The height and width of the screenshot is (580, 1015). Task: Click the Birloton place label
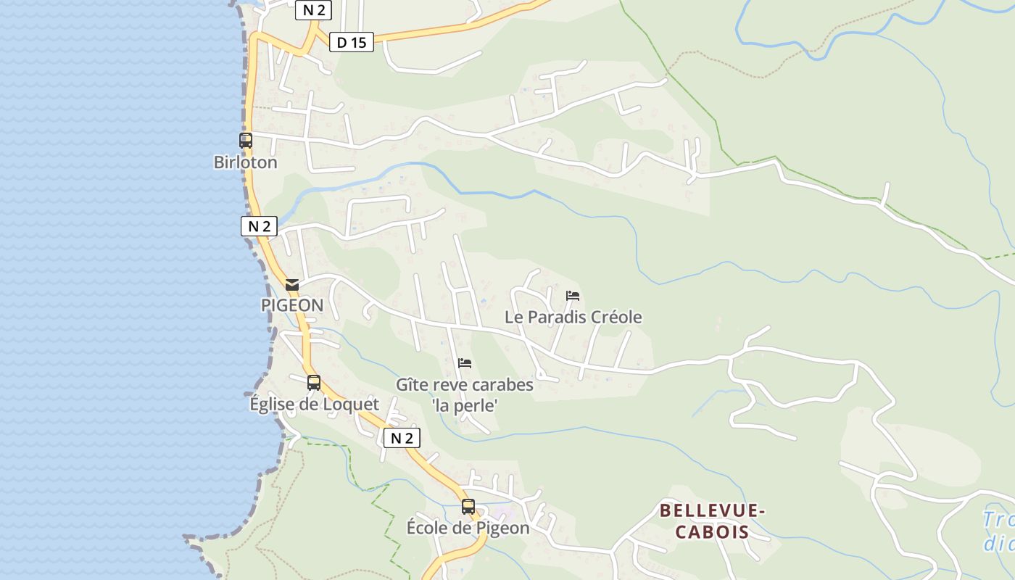tap(245, 162)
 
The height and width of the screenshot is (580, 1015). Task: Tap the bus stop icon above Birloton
tap(246, 141)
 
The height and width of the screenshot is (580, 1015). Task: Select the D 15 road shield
tap(352, 43)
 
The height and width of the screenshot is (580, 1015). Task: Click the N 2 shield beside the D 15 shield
tap(313, 10)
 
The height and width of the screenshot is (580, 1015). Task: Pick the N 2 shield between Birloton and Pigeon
tap(259, 226)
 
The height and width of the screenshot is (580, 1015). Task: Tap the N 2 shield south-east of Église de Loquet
tap(402, 438)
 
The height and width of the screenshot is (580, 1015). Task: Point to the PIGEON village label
tap(292, 305)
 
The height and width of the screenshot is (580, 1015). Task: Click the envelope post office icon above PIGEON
tap(292, 285)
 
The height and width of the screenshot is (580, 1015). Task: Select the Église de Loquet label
tap(314, 405)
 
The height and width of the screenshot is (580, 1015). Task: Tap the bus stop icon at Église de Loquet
tap(314, 382)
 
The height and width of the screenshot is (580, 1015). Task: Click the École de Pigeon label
tap(468, 528)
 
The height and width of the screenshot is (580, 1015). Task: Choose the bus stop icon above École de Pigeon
tap(468, 507)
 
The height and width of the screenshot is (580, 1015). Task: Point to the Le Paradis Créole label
tap(573, 318)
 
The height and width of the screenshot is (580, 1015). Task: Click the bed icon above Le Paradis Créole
tap(573, 296)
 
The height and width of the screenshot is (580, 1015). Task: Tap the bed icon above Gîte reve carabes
tap(465, 362)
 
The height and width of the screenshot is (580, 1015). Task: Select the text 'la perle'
tap(465, 406)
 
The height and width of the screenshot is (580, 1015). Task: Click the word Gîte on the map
tap(412, 385)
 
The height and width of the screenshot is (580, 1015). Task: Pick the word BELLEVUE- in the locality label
tap(712, 511)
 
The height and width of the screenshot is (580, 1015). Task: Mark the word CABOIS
tap(712, 532)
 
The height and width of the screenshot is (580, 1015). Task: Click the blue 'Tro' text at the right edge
tap(999, 520)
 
